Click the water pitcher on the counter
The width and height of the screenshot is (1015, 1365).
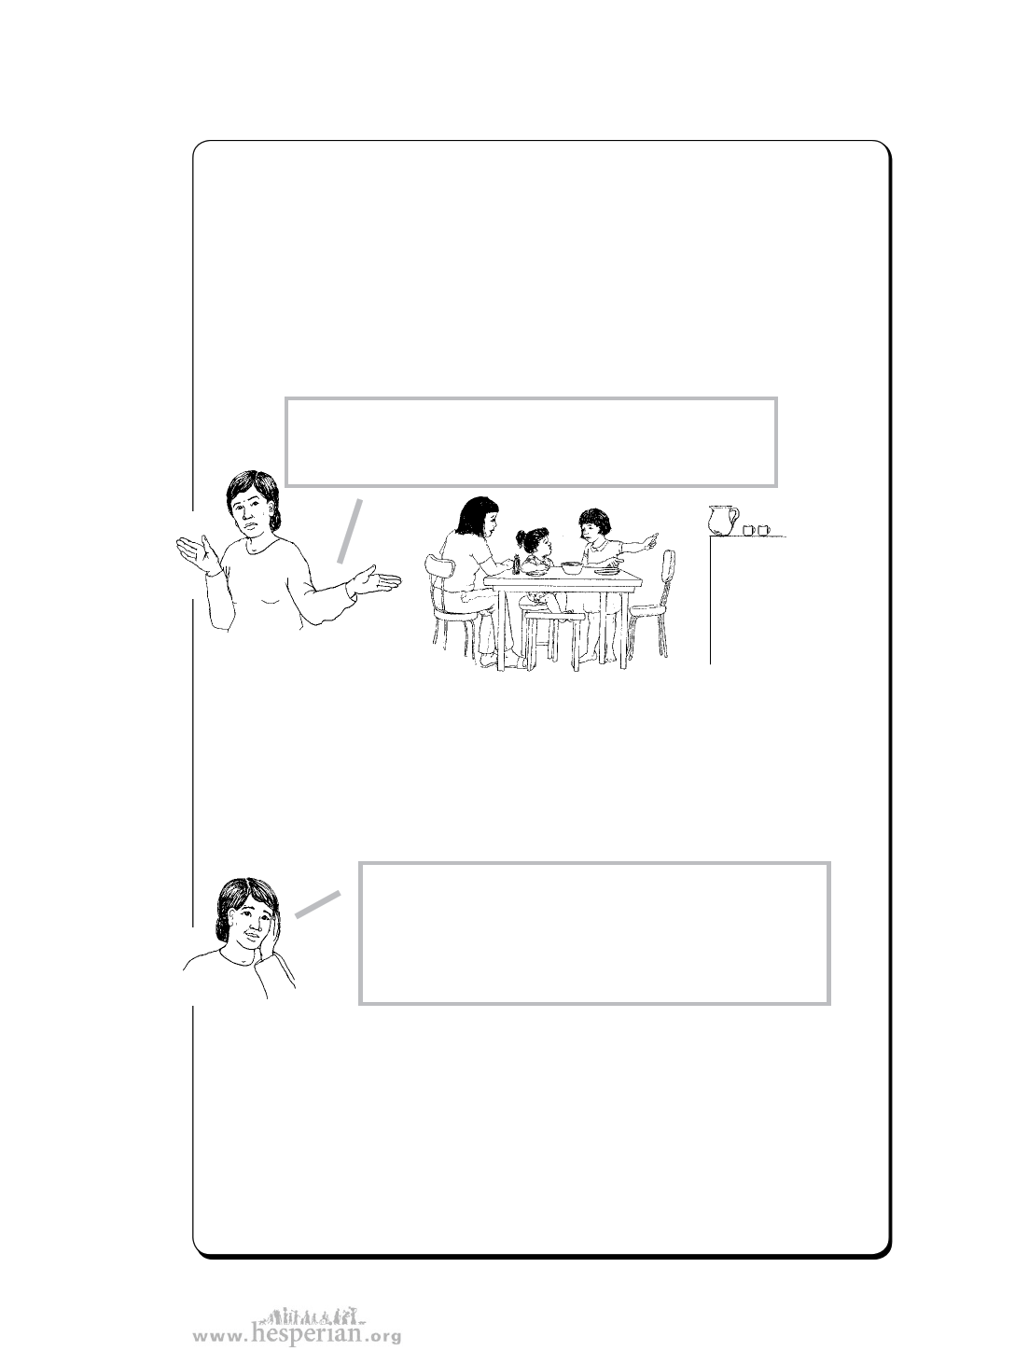tap(723, 521)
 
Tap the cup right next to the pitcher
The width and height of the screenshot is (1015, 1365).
tap(748, 530)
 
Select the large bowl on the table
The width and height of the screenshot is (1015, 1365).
tap(572, 566)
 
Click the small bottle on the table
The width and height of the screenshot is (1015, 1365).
tap(517, 564)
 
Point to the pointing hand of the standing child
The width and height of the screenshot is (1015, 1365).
tap(648, 539)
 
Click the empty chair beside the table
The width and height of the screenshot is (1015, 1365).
tap(652, 603)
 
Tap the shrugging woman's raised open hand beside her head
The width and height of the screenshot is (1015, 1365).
tap(198, 553)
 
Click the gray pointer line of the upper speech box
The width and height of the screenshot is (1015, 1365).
tap(349, 531)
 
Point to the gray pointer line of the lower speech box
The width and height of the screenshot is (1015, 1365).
tap(317, 904)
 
